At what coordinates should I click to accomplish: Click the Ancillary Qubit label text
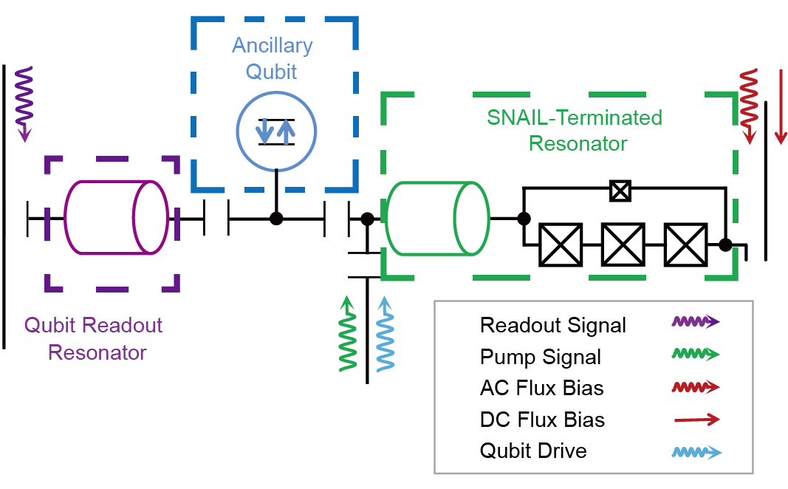point(272,58)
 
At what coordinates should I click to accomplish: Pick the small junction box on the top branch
point(620,191)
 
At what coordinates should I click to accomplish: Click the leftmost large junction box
point(561,244)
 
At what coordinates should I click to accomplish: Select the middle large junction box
point(623,244)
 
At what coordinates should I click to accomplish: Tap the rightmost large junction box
point(685,244)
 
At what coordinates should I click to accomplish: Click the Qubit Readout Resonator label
point(94,338)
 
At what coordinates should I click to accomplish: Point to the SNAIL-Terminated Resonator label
point(575,129)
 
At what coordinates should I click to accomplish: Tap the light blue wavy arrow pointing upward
point(385,334)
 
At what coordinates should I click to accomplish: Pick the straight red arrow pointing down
point(780,106)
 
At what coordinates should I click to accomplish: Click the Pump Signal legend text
point(541,357)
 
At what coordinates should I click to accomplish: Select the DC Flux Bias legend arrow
point(696,420)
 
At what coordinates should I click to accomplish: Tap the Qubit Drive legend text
point(533,451)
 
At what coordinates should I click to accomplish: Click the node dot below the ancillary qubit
point(276,218)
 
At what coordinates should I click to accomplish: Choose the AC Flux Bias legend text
point(541,389)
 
